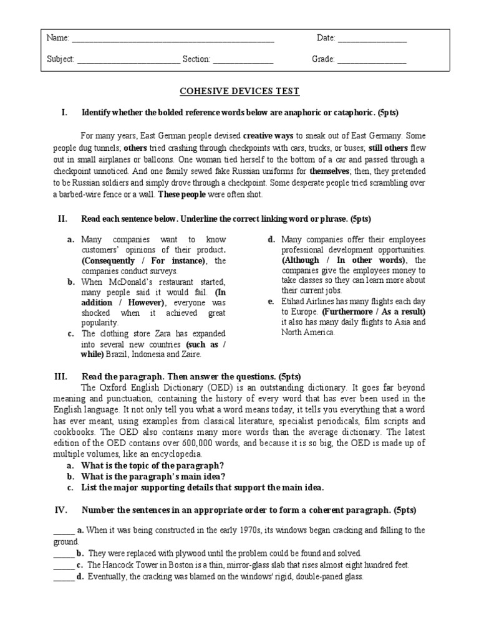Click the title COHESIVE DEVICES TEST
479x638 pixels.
(x=239, y=92)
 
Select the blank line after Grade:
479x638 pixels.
(x=372, y=61)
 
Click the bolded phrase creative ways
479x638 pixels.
(x=268, y=135)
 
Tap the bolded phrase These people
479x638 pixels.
(x=181, y=194)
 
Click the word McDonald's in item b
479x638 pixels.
(x=139, y=282)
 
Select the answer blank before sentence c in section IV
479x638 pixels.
(x=64, y=565)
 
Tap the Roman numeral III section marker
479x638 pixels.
(x=61, y=376)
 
